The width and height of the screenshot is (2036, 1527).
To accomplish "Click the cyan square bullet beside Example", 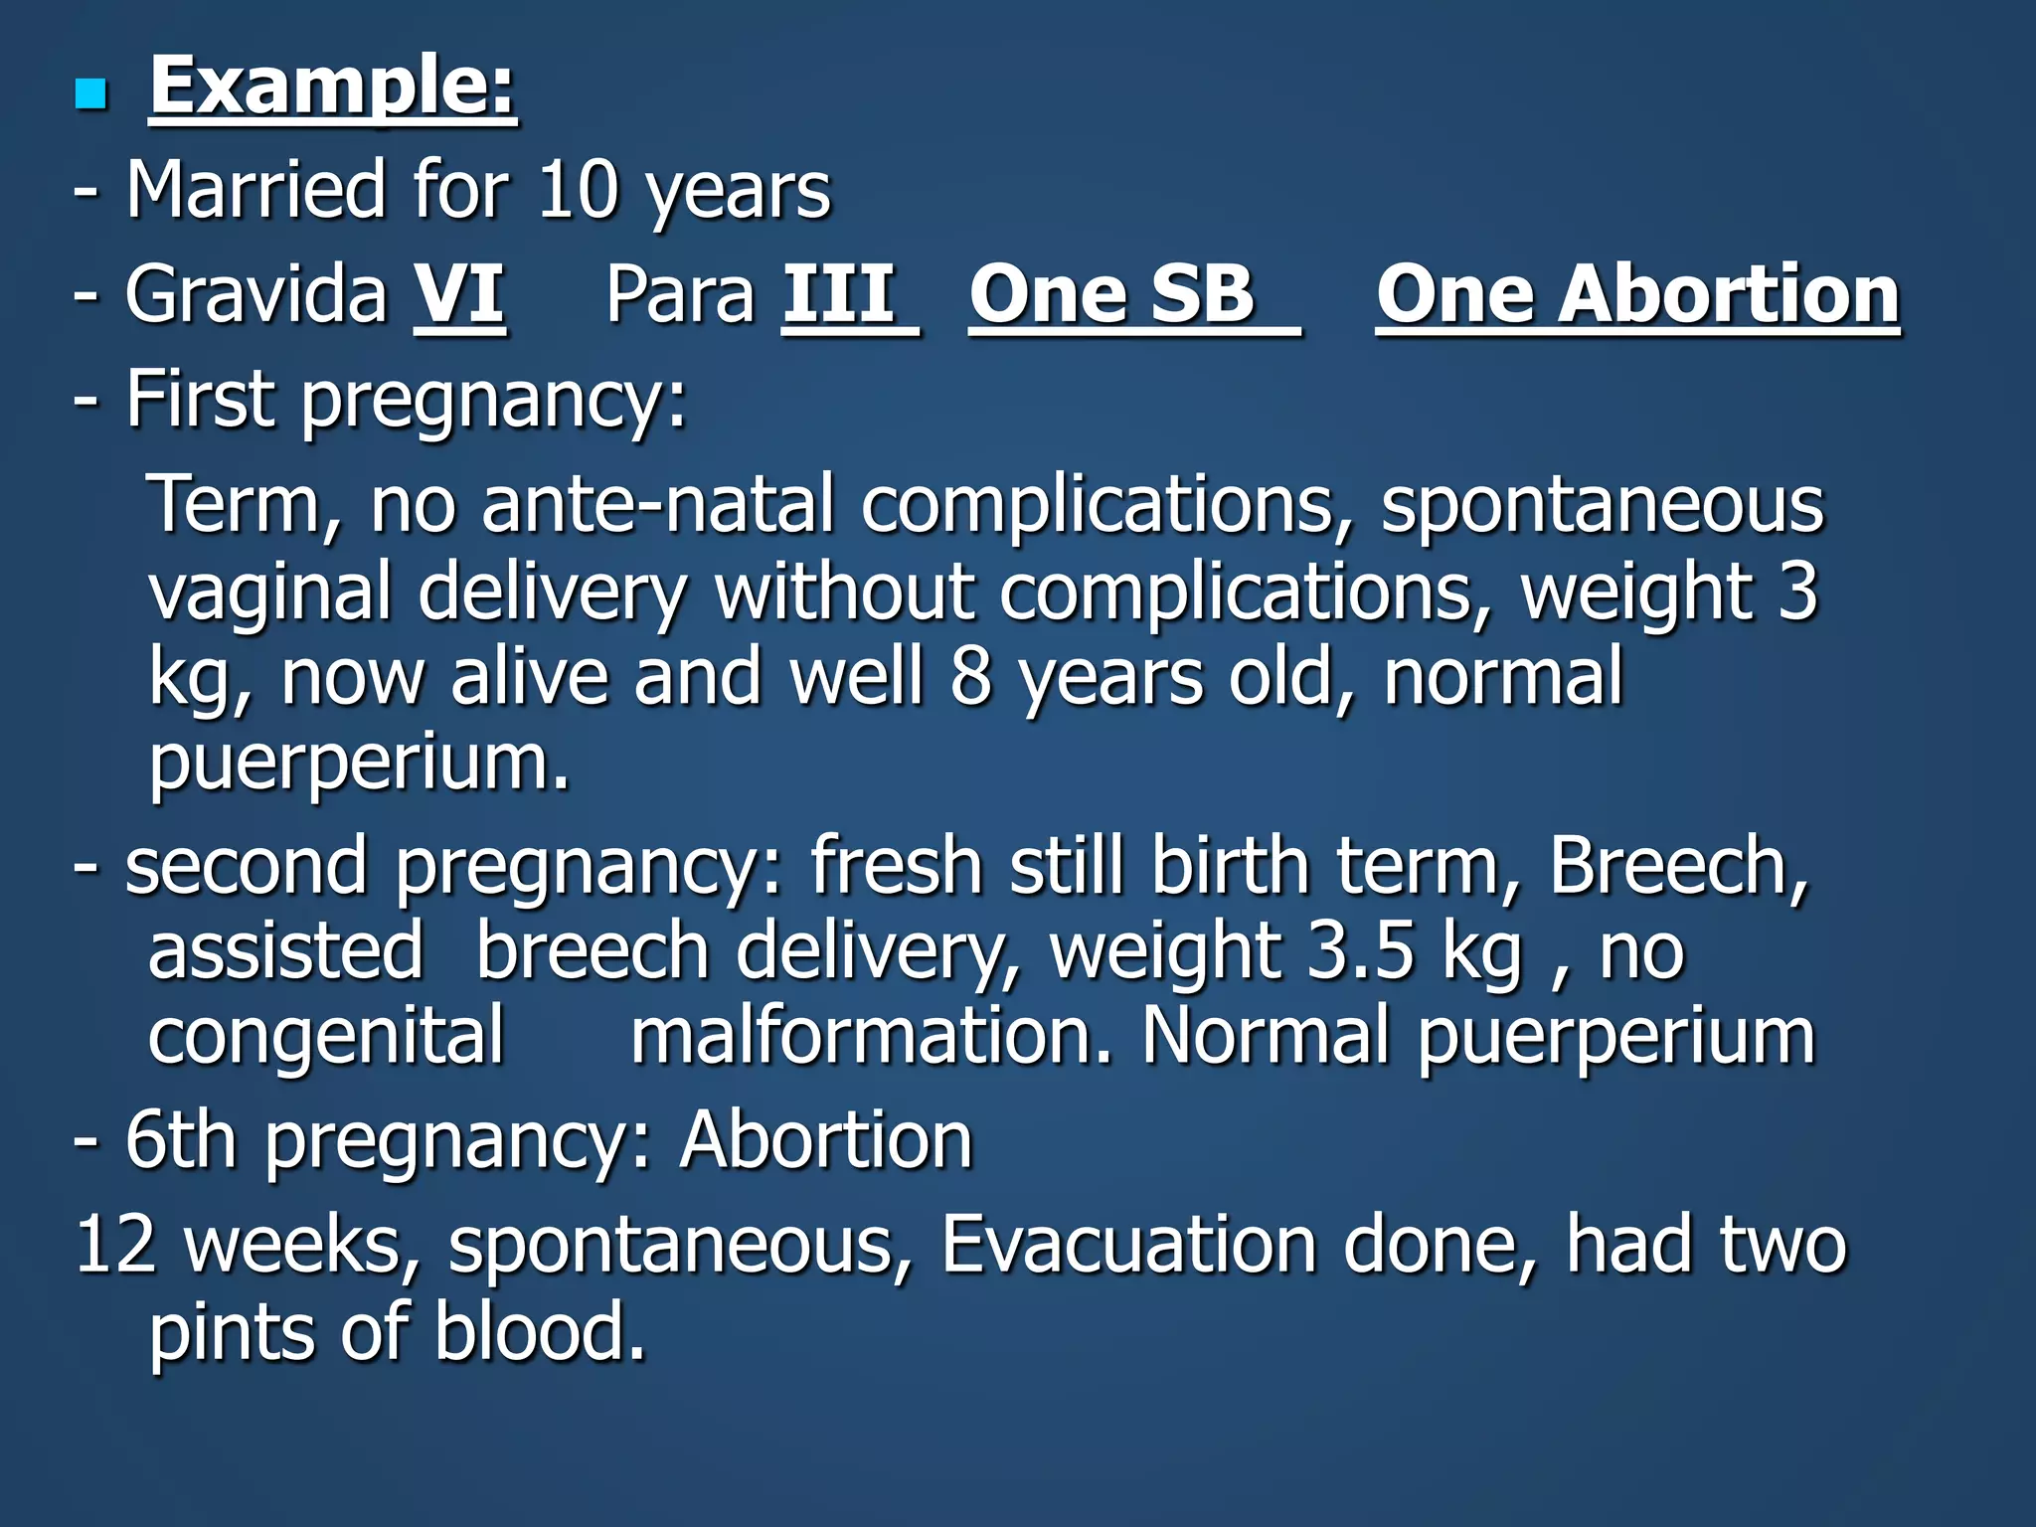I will point(90,95).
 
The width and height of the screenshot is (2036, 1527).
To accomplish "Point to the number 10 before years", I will point(577,190).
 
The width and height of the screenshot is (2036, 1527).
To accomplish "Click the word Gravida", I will point(255,294).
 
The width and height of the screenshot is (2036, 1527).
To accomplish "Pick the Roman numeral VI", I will point(459,294).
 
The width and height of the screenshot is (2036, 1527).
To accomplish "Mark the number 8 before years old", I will point(970,677).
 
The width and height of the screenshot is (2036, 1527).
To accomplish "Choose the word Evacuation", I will point(1128,1245).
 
